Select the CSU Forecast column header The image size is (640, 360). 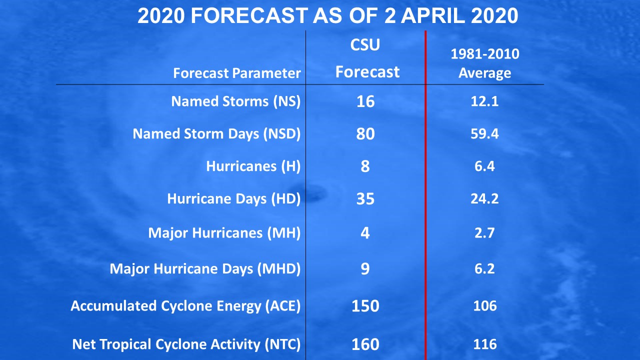[x=367, y=58]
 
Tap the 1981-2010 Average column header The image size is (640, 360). [x=485, y=63]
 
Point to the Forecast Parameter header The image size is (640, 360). [x=237, y=73]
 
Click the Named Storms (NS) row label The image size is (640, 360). [x=236, y=101]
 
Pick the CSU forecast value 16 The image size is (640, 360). [x=365, y=101]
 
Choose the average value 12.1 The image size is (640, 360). [x=484, y=101]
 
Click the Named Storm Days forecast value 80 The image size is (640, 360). [x=365, y=133]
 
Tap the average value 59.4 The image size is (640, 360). [x=484, y=133]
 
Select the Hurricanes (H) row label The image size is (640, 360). [x=253, y=166]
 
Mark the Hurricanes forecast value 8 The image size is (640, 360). [x=365, y=166]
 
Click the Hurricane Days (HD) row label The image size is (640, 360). [x=234, y=199]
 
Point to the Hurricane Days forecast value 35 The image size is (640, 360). [x=365, y=199]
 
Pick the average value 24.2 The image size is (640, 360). [x=484, y=198]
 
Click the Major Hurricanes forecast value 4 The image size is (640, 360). [x=365, y=233]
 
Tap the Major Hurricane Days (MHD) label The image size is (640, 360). [x=205, y=269]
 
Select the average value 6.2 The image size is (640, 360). [x=484, y=268]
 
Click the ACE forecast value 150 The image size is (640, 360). [x=365, y=306]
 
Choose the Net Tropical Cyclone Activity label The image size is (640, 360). [x=186, y=344]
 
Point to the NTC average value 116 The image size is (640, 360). [x=485, y=344]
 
